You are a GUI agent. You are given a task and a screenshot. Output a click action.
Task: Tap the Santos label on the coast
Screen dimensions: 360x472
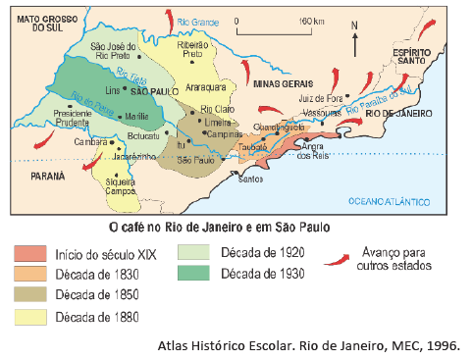coord(249,179)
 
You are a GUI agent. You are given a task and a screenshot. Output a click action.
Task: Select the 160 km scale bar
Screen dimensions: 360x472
coord(292,26)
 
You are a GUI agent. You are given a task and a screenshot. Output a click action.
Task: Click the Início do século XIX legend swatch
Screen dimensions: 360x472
coord(30,252)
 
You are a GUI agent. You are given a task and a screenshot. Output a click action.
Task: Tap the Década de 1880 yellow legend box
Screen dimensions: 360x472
coord(30,317)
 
